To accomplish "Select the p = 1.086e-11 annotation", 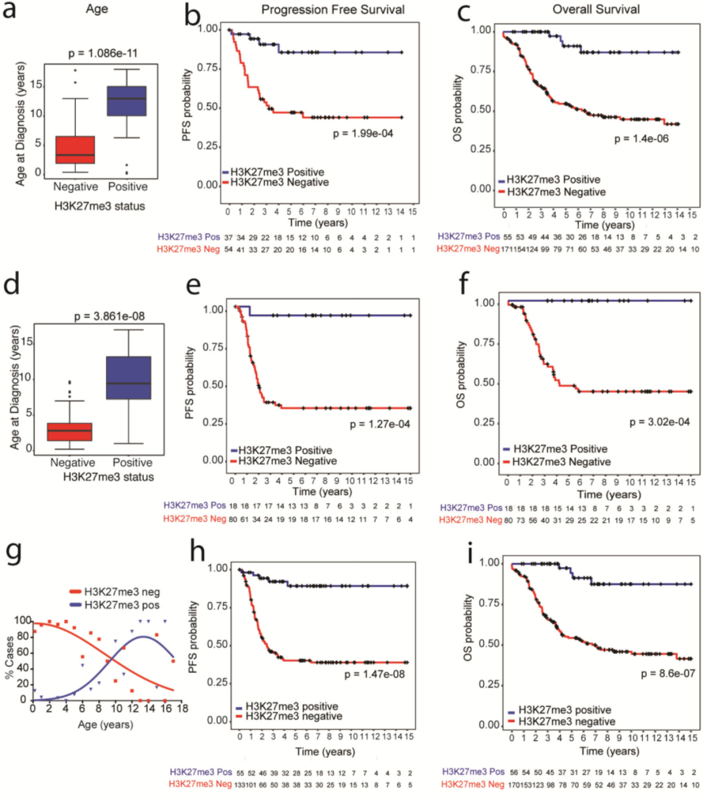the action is coord(103,53).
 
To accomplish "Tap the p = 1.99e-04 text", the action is coord(363,134).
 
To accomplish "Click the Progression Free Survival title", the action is coord(333,9).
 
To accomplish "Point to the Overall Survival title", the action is coord(596,9).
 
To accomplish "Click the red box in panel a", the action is coord(75,149).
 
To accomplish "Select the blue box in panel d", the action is coord(129,378).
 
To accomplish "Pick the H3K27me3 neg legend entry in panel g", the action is coord(115,592).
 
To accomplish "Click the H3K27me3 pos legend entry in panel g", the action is coord(115,605).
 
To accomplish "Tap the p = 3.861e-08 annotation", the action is coord(109,316).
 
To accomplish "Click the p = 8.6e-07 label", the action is coord(668,674).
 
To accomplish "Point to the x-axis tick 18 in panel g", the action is coord(182,708).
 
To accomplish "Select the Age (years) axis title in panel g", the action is coord(105,725).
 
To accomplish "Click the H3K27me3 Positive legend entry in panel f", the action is coord(555,449).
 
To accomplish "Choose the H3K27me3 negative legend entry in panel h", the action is coord(289,716).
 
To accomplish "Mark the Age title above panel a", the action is coord(97,9).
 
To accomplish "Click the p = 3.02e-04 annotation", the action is coord(659,422).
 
